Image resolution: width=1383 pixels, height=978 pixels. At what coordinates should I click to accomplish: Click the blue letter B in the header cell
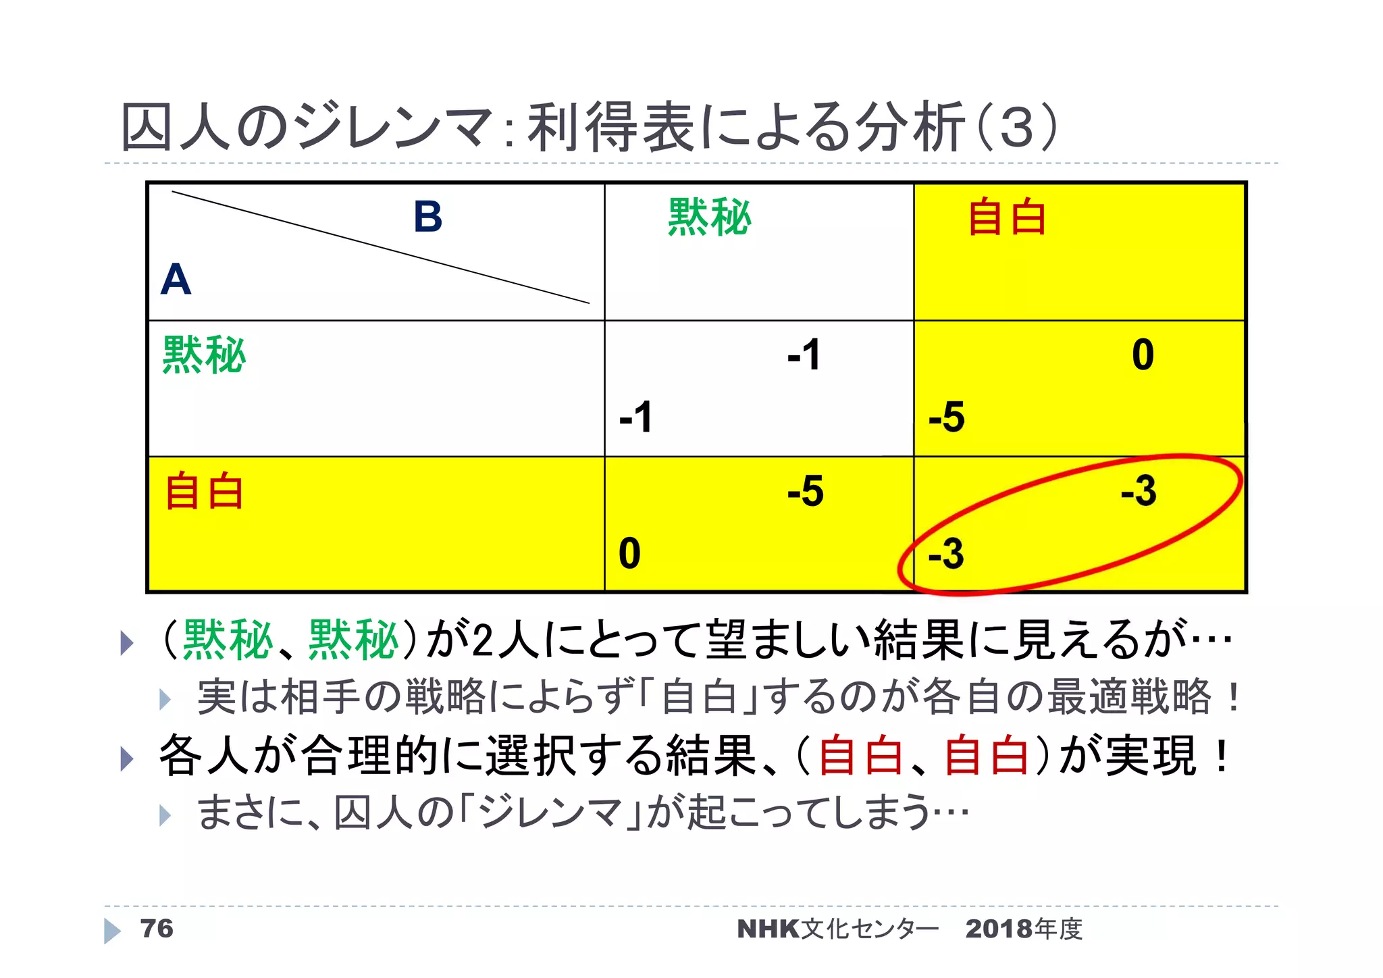click(427, 217)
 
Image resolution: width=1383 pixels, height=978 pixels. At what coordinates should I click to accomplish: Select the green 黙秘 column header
click(709, 217)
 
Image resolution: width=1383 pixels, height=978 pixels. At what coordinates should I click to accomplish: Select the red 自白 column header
click(1006, 217)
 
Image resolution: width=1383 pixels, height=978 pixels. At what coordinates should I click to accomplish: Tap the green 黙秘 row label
click(204, 355)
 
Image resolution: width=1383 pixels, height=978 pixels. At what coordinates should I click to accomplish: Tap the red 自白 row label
click(204, 492)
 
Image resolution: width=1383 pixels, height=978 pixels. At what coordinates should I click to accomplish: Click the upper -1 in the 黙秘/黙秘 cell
click(804, 355)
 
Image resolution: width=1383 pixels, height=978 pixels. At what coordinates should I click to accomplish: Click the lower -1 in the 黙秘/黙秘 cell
click(635, 417)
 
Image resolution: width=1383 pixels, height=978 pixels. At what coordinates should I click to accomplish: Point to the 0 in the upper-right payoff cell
click(1143, 355)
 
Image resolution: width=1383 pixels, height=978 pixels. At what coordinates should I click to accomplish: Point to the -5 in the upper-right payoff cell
click(946, 417)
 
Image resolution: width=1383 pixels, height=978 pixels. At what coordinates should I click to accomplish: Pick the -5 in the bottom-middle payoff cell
click(805, 491)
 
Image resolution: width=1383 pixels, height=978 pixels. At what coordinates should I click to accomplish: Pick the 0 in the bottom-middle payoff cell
click(629, 554)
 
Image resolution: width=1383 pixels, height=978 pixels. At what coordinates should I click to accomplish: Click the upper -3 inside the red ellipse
click(1139, 491)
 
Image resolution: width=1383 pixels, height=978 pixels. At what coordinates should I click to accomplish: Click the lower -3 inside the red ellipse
click(946, 554)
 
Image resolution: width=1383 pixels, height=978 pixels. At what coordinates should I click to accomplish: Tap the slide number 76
click(157, 929)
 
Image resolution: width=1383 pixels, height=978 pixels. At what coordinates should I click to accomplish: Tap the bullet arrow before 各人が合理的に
click(126, 758)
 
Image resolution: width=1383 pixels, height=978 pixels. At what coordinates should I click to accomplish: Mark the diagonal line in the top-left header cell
click(380, 247)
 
